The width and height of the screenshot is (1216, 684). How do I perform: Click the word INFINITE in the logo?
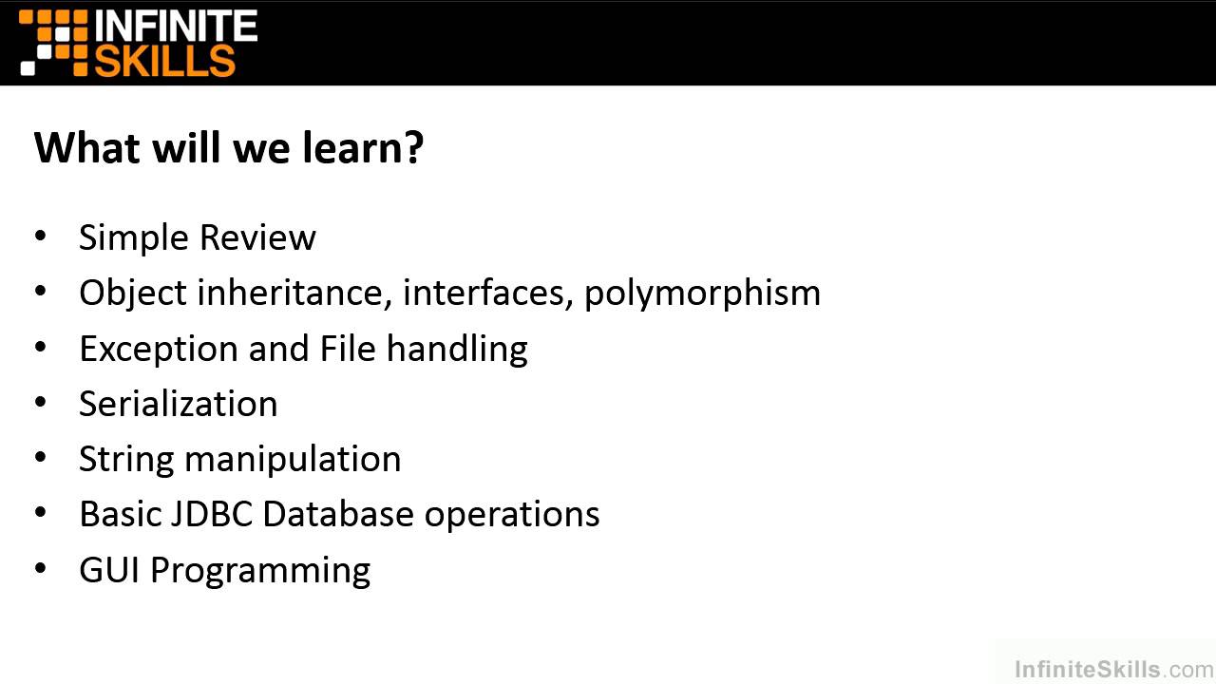click(x=177, y=26)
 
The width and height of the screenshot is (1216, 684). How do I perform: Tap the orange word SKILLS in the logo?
click(x=164, y=60)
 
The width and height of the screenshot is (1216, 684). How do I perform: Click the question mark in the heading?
click(x=412, y=148)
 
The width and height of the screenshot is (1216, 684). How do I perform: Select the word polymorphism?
click(x=702, y=294)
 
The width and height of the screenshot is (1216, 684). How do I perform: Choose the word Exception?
click(x=159, y=349)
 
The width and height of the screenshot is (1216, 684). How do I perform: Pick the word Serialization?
click(x=179, y=404)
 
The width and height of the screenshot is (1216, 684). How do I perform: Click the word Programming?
click(x=260, y=571)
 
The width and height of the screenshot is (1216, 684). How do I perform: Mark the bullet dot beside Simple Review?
click(x=41, y=236)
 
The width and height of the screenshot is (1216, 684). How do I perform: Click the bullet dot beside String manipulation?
click(x=41, y=458)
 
